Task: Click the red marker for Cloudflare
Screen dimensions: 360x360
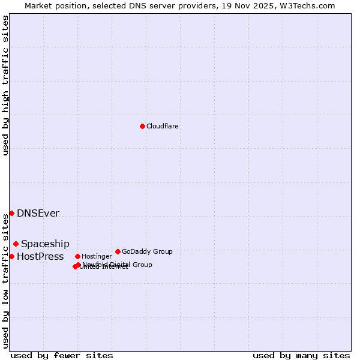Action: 142,126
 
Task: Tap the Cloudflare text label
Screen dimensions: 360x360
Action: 162,127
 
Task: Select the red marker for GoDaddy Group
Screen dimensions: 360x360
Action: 118,251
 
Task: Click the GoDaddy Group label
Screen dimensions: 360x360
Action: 147,252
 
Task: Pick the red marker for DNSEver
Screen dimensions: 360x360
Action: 11,213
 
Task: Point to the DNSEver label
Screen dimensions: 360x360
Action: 38,214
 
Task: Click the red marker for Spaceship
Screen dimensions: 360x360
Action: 16,244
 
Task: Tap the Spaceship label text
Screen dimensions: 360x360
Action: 45,244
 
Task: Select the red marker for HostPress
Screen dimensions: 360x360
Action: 11,256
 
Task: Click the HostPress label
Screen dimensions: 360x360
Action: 40,257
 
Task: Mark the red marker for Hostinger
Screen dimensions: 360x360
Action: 77,256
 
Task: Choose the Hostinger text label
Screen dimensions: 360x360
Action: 97,257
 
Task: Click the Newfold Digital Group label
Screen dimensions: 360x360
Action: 118,265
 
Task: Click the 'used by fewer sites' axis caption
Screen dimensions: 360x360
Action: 62,355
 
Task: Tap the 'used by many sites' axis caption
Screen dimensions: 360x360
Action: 301,355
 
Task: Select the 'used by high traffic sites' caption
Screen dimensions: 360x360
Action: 6,85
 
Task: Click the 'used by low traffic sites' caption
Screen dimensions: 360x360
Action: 6,281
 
